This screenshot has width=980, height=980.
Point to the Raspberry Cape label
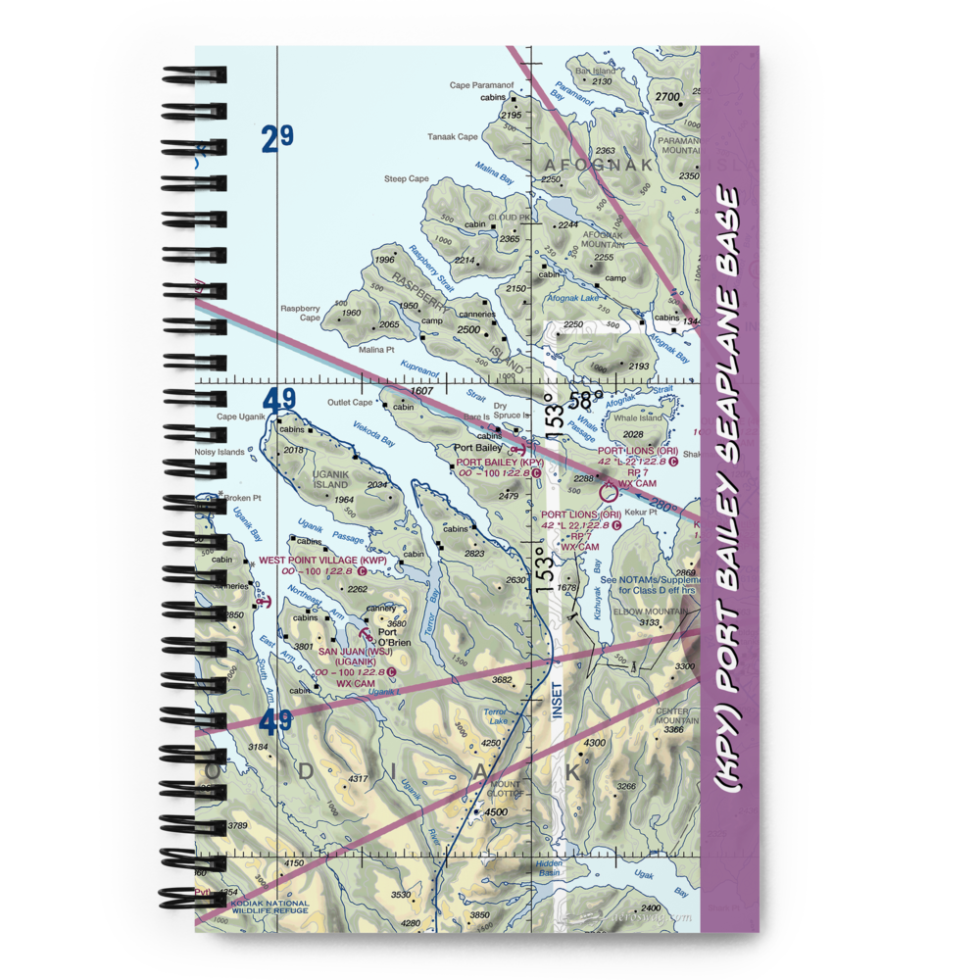pyautogui.click(x=301, y=313)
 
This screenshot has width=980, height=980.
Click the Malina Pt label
pyautogui.click(x=377, y=349)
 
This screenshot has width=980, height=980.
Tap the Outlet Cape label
pyautogui.click(x=351, y=402)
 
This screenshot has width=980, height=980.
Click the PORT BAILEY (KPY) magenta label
pyautogui.click(x=499, y=462)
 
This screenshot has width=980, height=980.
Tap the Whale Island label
pyautogui.click(x=638, y=418)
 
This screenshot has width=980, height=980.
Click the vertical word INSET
pyautogui.click(x=558, y=700)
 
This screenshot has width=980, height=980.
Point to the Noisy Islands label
pyautogui.click(x=220, y=452)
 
